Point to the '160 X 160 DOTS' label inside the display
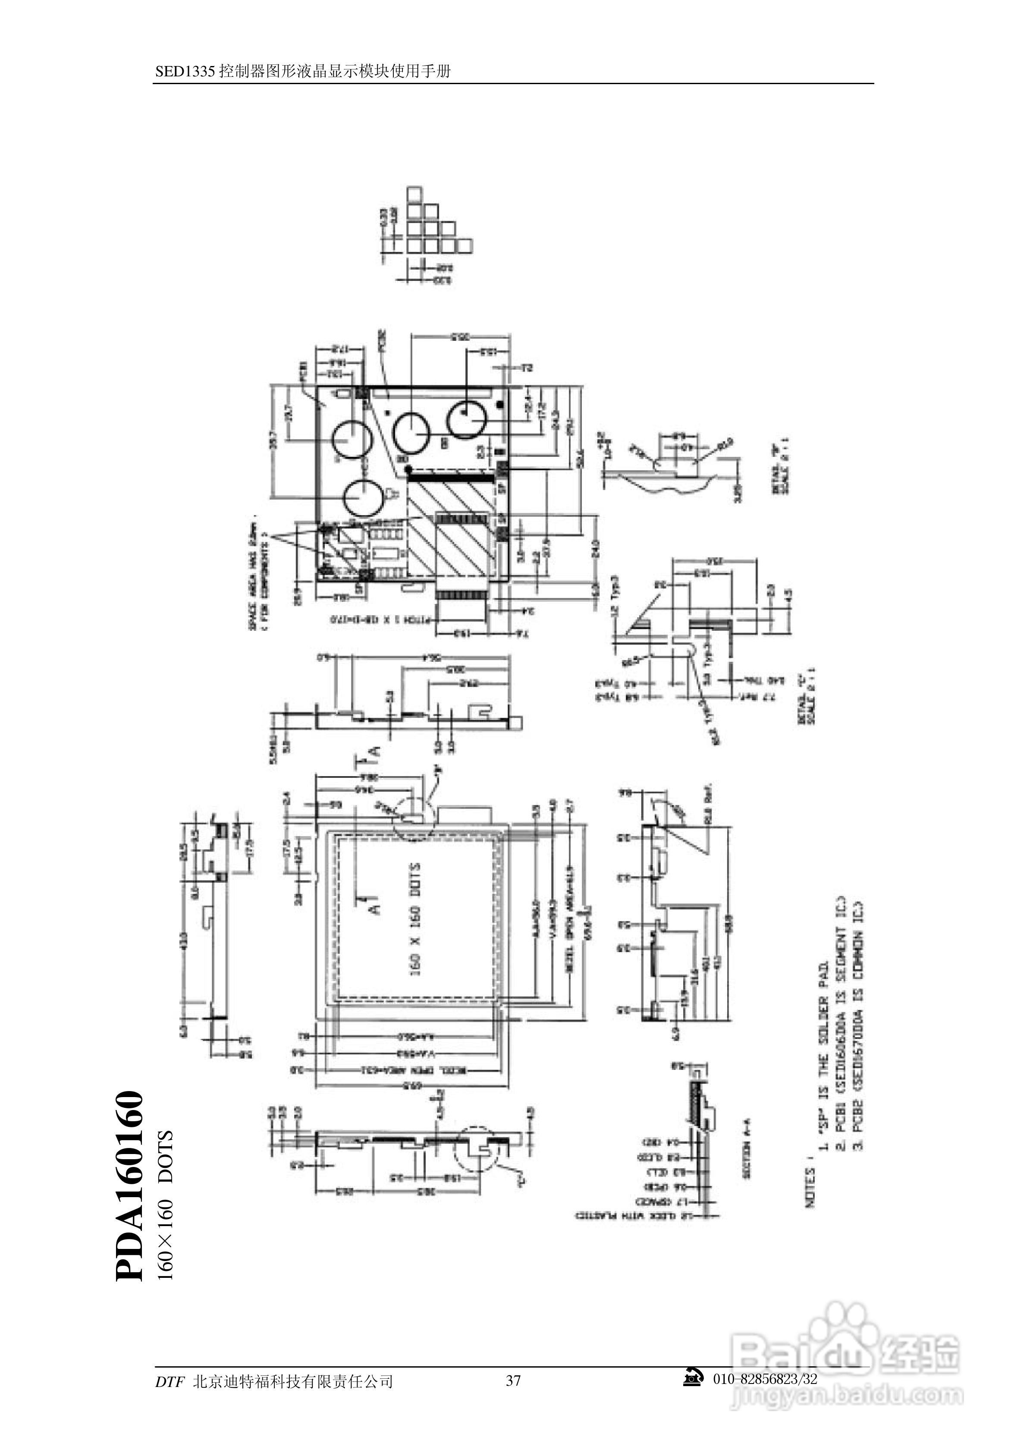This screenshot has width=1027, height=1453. click(416, 918)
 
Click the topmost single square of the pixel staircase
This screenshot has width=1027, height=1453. click(415, 194)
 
